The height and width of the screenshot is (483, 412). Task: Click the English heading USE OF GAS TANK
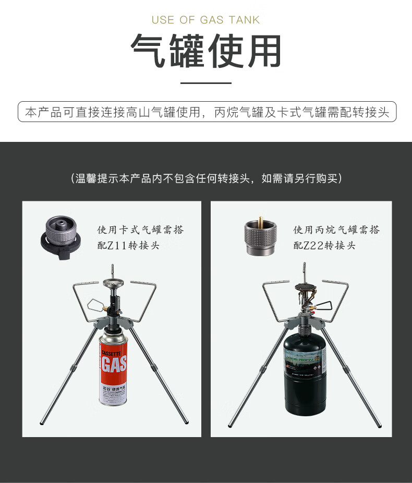coord(205,20)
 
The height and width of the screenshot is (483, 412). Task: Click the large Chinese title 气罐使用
coord(205,51)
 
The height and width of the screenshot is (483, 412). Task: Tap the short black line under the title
coord(205,83)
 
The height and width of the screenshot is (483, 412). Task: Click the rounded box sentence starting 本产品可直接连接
coord(207,112)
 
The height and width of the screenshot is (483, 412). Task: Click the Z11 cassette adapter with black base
coord(60,236)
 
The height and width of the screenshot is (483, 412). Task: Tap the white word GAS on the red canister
coord(114,364)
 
